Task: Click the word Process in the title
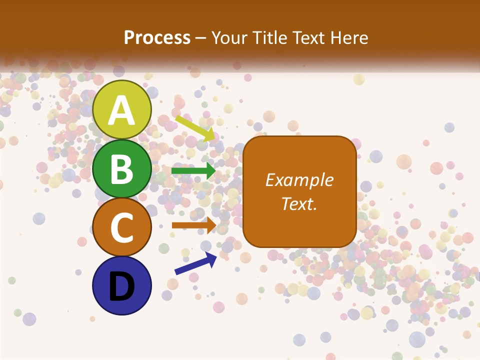pos(157,37)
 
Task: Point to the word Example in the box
pos(299,180)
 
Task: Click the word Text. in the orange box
pos(299,203)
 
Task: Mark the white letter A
pos(121,110)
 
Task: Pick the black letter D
pos(121,286)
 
